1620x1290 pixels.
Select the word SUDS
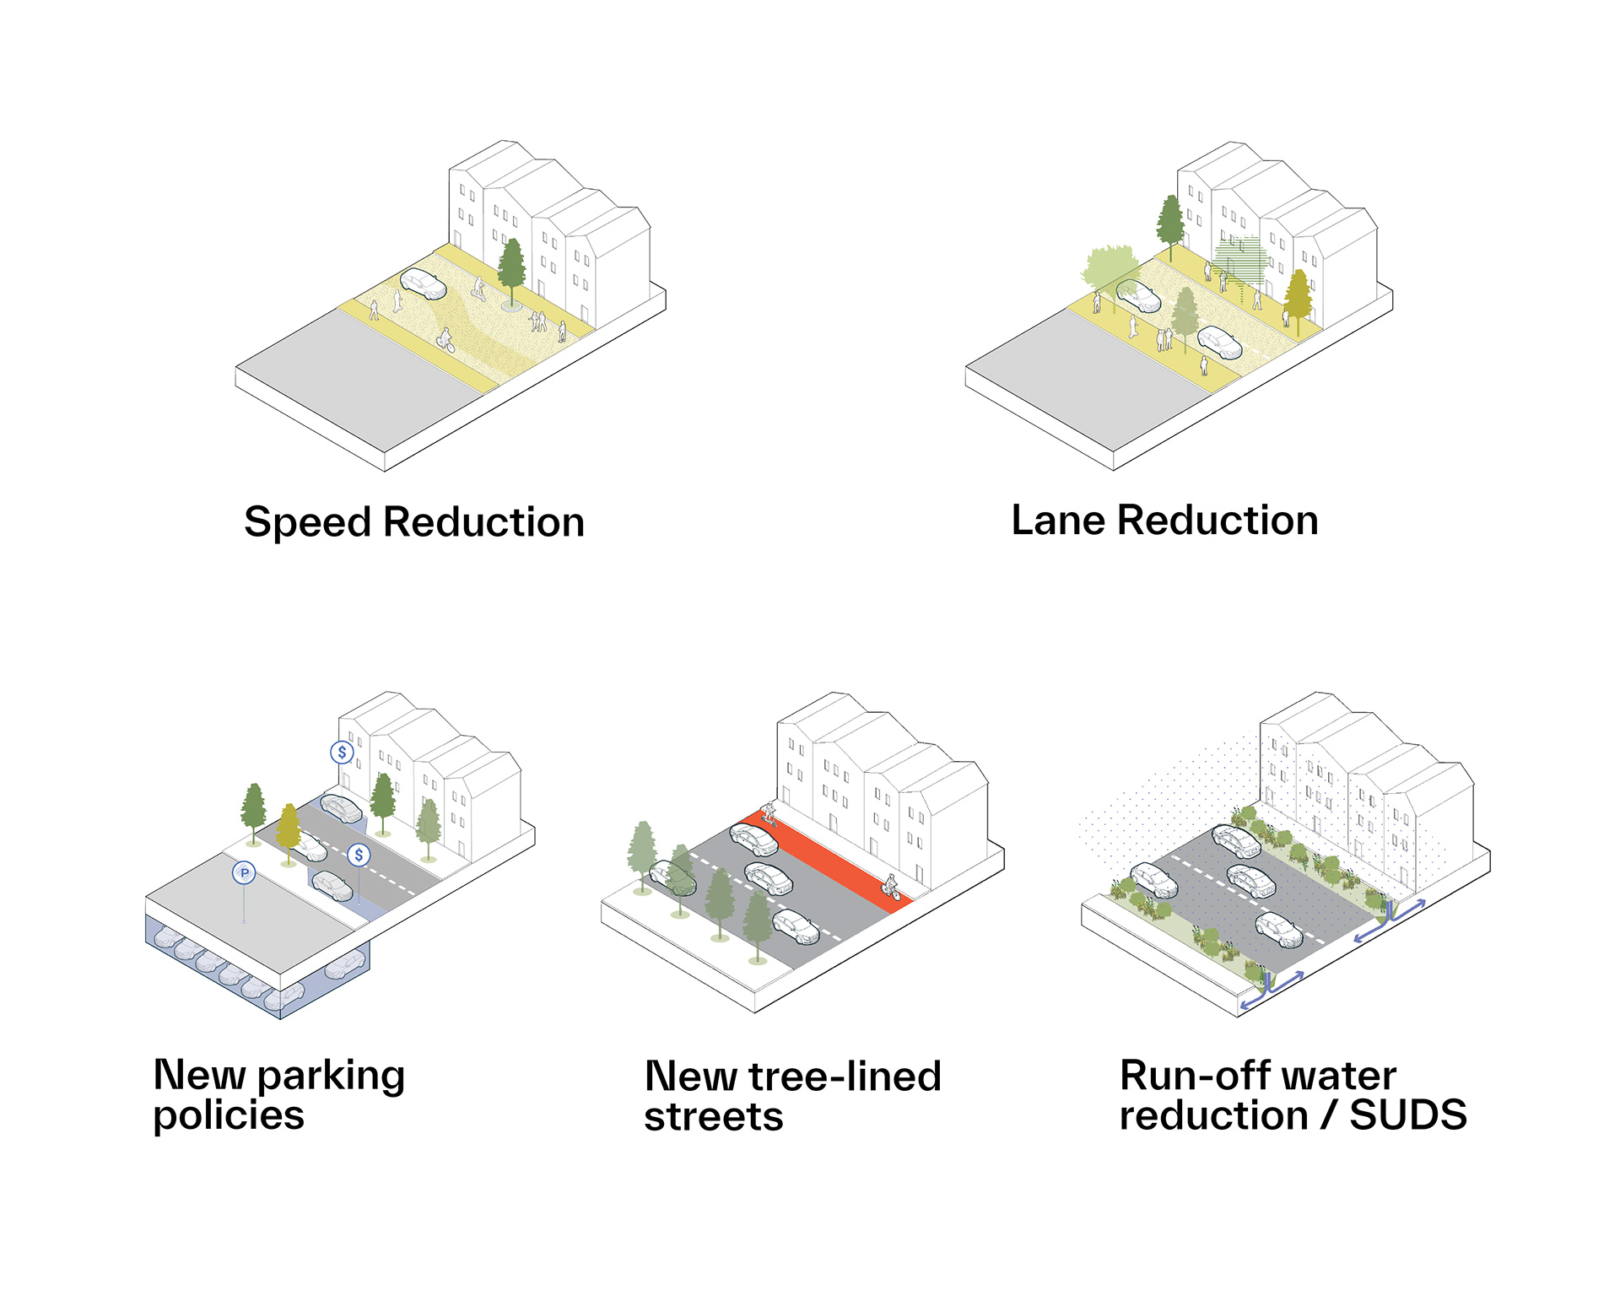point(1408,1115)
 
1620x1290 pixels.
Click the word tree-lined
point(845,1077)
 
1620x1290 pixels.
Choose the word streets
point(714,1117)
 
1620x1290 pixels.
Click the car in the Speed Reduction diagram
point(423,284)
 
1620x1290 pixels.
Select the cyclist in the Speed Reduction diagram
point(445,340)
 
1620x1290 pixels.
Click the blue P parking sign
point(244,872)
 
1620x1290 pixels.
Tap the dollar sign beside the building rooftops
point(342,752)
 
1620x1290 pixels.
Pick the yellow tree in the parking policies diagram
point(289,832)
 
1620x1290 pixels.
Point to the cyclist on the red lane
point(890,887)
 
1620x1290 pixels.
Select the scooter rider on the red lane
point(769,813)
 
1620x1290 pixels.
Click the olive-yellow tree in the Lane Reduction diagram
point(1299,300)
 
